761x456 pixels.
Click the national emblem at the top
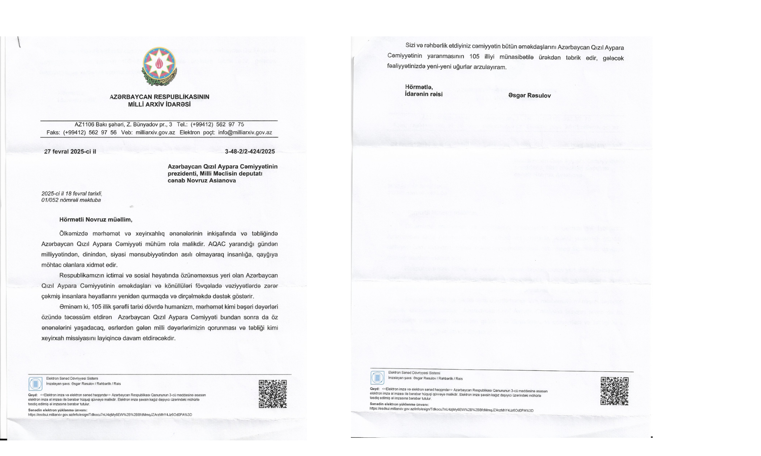click(159, 66)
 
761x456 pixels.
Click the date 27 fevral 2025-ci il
click(70, 152)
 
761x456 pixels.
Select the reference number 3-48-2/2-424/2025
click(250, 152)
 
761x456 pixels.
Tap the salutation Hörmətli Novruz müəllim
click(96, 220)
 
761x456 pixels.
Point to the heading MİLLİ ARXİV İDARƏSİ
click(159, 104)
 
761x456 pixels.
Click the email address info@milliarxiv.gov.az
click(245, 133)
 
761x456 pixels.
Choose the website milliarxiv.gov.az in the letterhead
click(155, 133)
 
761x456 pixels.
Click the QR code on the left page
click(273, 394)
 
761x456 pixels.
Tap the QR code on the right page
click(615, 391)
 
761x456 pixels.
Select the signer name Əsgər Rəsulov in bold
click(529, 96)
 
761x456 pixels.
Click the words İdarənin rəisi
click(423, 94)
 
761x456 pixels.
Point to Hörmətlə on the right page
click(419, 87)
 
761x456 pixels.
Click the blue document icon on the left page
click(35, 384)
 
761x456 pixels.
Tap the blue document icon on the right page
click(377, 378)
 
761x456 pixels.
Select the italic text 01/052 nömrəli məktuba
click(71, 200)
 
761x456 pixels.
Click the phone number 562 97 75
click(230, 125)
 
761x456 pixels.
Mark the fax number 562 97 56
click(103, 133)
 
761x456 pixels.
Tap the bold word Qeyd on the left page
click(33, 395)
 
